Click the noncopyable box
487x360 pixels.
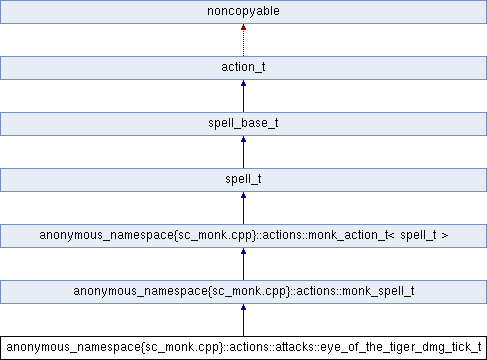point(243,12)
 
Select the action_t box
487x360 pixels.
point(243,68)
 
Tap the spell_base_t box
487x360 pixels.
point(243,124)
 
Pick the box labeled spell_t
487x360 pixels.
point(243,180)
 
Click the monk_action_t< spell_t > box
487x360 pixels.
point(243,236)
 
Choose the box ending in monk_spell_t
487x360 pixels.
point(243,292)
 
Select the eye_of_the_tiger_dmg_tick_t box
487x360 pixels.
point(243,348)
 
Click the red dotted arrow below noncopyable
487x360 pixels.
point(243,42)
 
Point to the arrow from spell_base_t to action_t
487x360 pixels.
point(243,97)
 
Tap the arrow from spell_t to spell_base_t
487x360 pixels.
point(243,153)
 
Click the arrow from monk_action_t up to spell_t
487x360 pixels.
point(243,209)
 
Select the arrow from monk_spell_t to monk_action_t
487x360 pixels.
point(243,265)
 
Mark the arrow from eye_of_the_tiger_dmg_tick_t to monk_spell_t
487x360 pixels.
point(243,321)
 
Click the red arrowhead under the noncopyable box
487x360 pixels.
point(243,29)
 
